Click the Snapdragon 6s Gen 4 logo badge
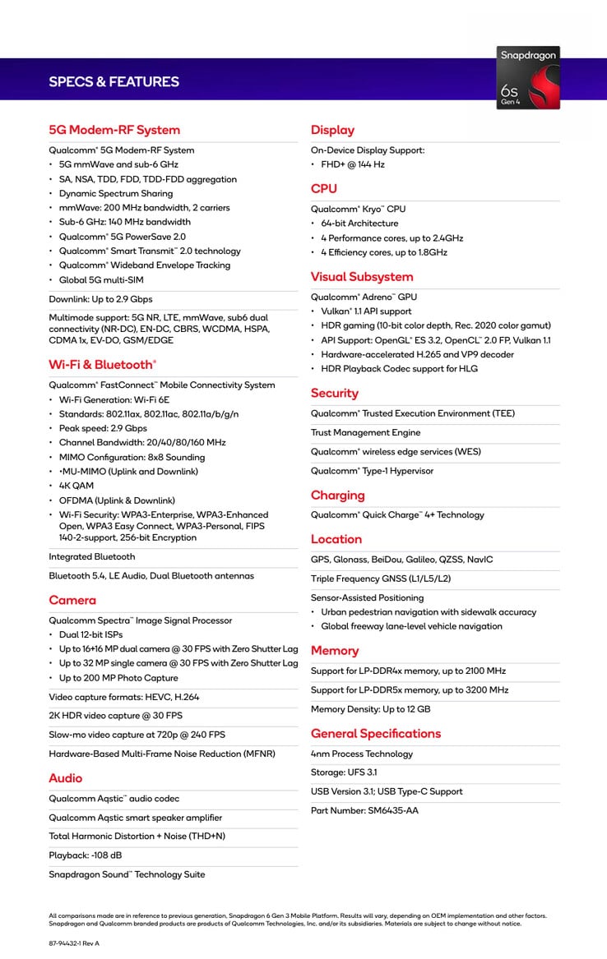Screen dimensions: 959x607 [x=529, y=80]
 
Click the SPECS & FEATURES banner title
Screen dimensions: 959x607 [x=114, y=81]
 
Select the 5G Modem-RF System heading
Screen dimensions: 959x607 [x=114, y=130]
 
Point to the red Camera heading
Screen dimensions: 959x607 [x=72, y=600]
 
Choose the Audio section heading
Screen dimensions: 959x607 [x=66, y=777]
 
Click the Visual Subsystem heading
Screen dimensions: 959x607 [x=362, y=277]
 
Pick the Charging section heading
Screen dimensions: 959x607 [x=337, y=495]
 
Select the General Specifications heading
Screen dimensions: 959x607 [x=376, y=733]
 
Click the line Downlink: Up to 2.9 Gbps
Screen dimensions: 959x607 [x=100, y=299]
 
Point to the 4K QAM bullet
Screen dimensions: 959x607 [x=76, y=486]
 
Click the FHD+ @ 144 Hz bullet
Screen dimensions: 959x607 [x=353, y=164]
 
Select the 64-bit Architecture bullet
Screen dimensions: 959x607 [x=359, y=224]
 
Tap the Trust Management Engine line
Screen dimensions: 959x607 [x=365, y=432]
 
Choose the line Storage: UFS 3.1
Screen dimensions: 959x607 [x=344, y=772]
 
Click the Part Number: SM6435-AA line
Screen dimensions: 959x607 [x=364, y=811]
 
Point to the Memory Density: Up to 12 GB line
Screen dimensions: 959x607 [x=370, y=709]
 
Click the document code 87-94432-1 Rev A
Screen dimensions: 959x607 [x=74, y=943]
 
